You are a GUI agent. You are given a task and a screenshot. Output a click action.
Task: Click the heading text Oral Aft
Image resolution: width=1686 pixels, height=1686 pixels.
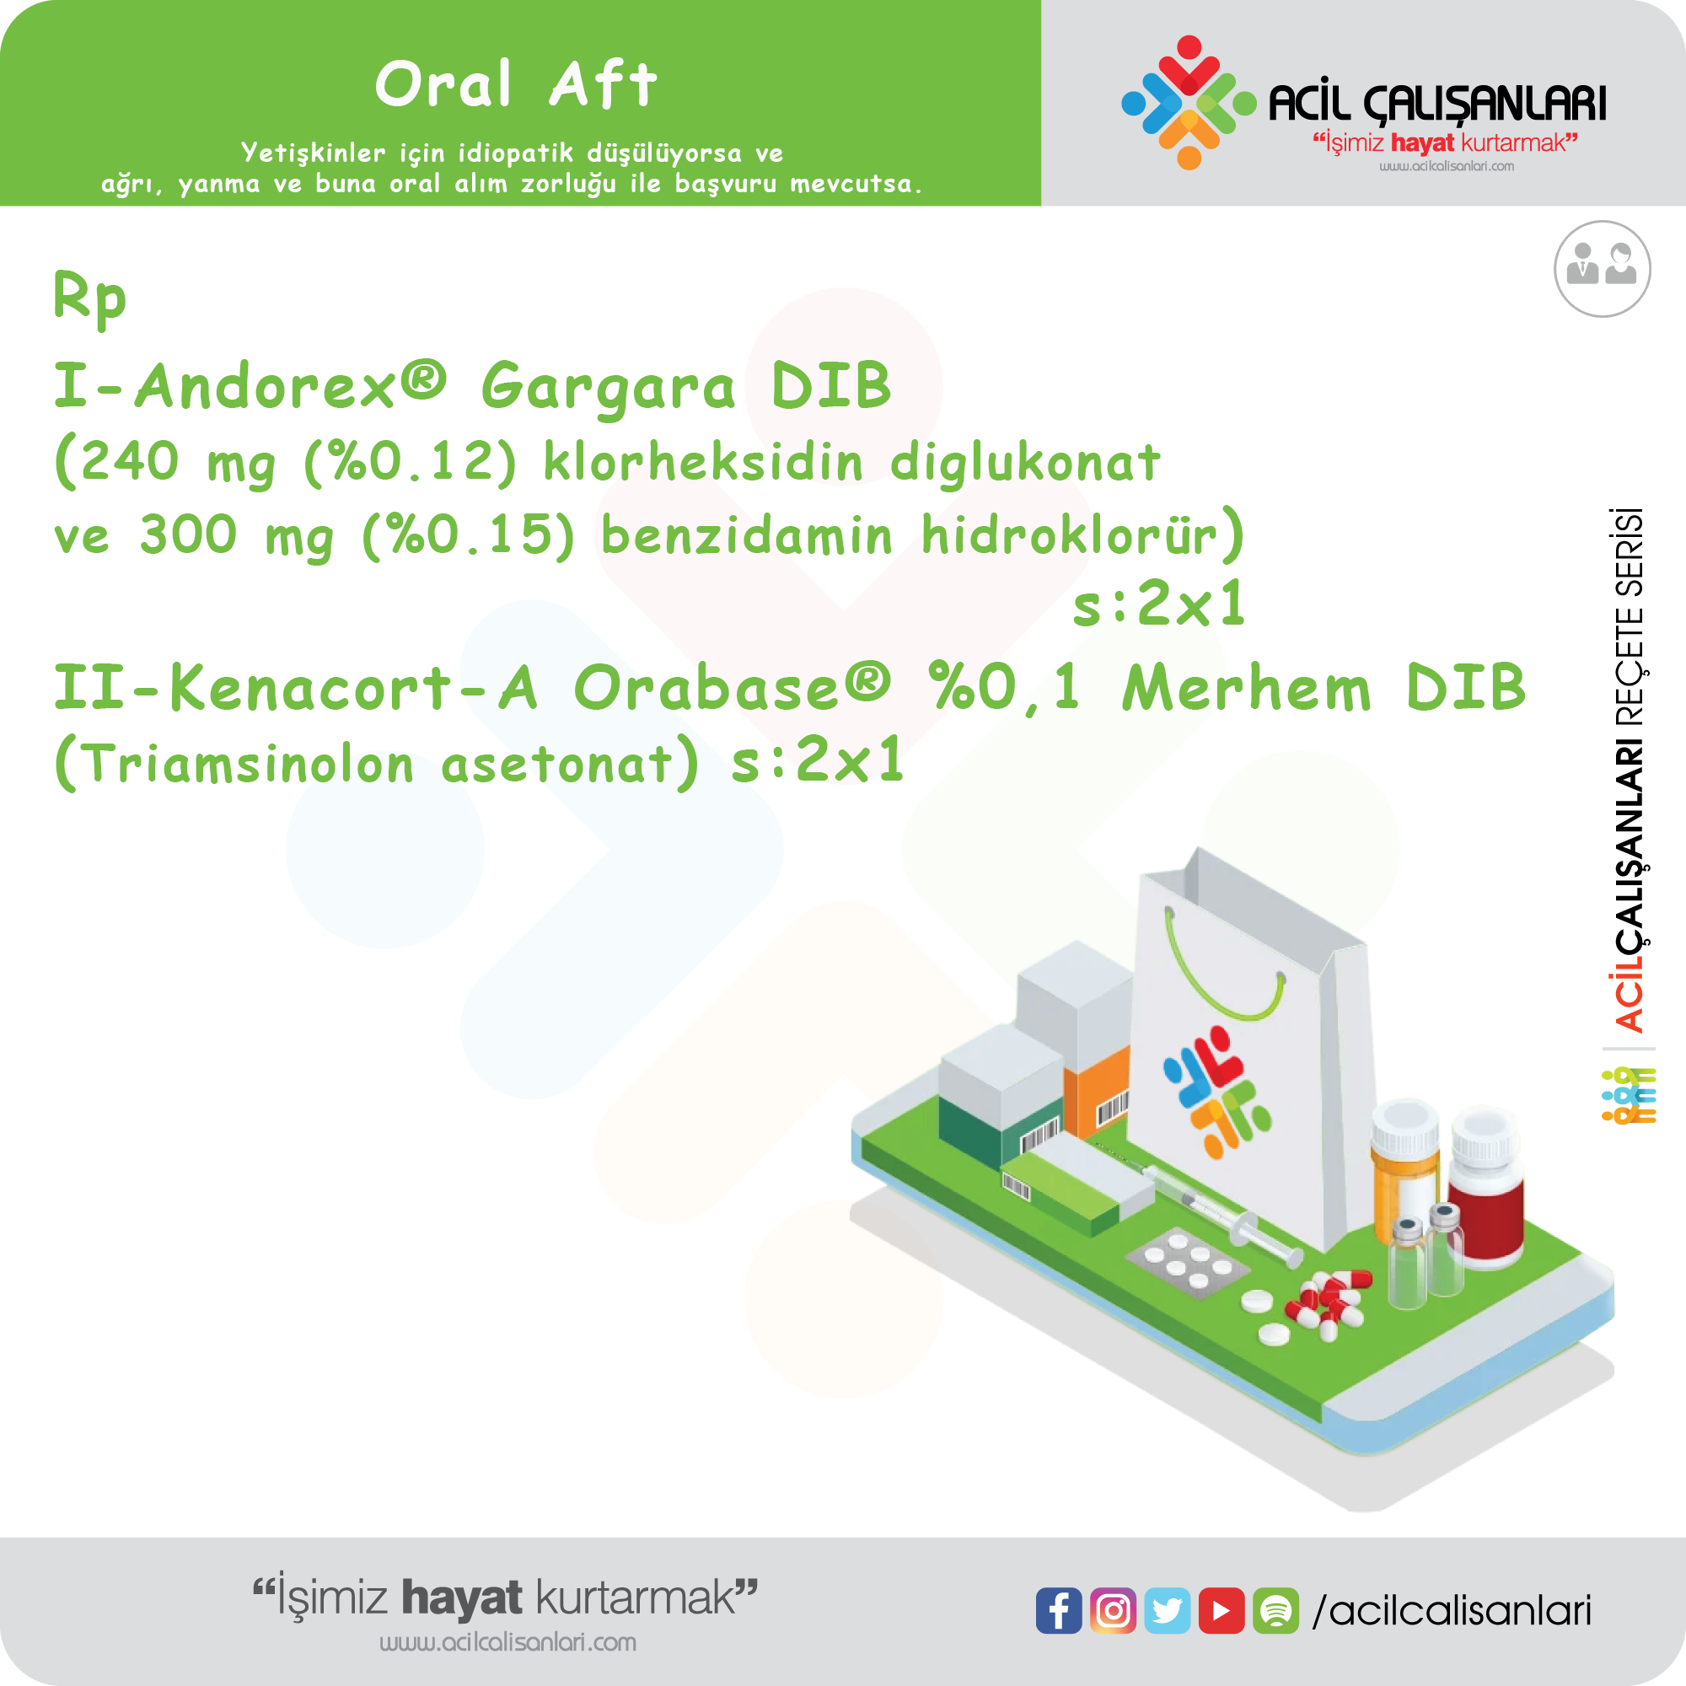pyautogui.click(x=516, y=84)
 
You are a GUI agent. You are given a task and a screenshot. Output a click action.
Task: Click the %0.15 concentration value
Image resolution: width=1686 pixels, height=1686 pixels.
pyautogui.click(x=469, y=535)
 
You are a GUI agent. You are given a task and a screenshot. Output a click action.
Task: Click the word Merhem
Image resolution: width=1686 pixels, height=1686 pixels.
pyautogui.click(x=1247, y=688)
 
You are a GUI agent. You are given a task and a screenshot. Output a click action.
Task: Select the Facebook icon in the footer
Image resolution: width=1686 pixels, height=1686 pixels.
pyautogui.click(x=1059, y=1610)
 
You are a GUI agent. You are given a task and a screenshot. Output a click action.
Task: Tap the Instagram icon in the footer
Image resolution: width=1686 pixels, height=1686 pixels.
pyautogui.click(x=1113, y=1610)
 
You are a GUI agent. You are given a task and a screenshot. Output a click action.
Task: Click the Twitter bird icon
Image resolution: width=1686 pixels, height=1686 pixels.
pyautogui.click(x=1168, y=1610)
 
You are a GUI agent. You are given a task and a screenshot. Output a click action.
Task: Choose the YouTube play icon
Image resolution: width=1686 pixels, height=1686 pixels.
pyautogui.click(x=1222, y=1610)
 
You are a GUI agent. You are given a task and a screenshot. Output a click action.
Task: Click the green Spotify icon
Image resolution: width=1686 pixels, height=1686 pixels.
pyautogui.click(x=1275, y=1610)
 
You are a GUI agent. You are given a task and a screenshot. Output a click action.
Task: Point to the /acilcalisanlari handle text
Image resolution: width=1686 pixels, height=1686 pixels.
pyautogui.click(x=1452, y=1611)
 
